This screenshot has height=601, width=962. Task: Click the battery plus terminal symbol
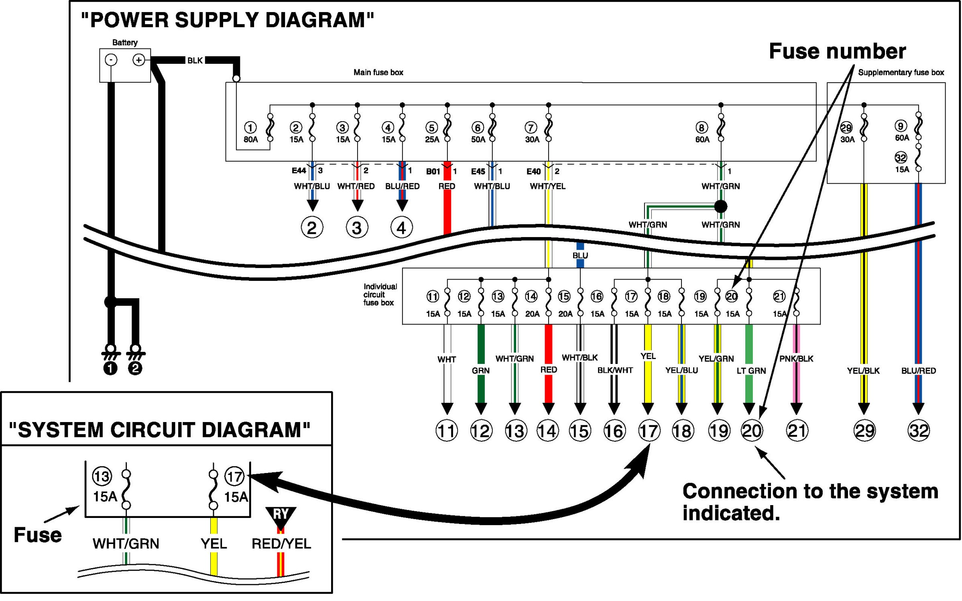pos(138,60)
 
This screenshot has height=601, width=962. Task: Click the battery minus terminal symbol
pos(111,60)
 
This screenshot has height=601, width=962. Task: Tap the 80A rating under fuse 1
pos(250,140)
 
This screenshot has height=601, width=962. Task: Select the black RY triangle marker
pos(281,516)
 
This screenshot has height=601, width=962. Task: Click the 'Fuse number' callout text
pos(837,51)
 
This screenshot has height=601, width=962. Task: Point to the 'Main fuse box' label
pos(378,73)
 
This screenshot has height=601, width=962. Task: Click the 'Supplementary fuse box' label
pos(901,73)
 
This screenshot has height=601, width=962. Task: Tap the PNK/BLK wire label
pos(796,359)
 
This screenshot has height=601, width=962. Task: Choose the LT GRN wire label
pos(751,371)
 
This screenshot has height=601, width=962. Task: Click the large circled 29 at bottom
pos(864,431)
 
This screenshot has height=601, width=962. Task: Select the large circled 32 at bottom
pos(918,431)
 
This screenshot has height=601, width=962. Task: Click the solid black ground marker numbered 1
pos(110,368)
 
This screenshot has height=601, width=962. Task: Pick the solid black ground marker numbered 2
pos(135,368)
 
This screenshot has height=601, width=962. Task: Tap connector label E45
pos(478,172)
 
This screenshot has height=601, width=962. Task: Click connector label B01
pos(433,172)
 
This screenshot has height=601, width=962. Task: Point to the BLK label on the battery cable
pos(195,61)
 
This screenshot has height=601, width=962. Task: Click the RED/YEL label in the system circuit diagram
pos(281,544)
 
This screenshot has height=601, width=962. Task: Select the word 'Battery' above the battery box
pos(125,43)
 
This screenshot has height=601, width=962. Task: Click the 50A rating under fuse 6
pos(478,140)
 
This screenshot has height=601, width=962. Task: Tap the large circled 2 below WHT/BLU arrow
pos(312,228)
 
